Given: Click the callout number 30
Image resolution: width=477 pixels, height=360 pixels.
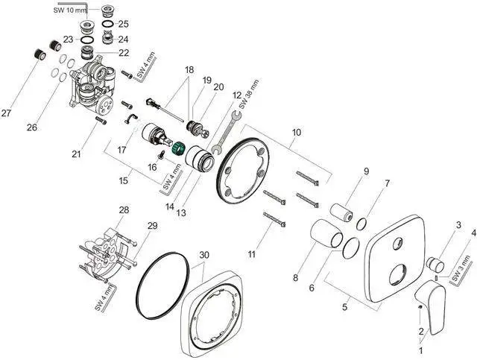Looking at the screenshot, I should tap(203, 255).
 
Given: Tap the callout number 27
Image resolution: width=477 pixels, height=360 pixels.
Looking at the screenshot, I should tap(7, 113).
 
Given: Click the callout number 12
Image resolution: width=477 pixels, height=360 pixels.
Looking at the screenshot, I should tap(237, 95).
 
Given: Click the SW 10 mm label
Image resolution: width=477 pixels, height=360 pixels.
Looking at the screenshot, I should tap(69, 10).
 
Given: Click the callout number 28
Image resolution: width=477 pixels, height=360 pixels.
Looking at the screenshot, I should tap(124, 210).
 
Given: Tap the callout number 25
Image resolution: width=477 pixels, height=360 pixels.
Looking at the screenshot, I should tap(123, 24).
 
